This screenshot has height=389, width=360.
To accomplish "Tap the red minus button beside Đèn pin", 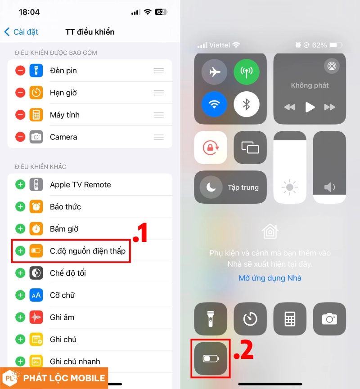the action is click(x=20, y=71).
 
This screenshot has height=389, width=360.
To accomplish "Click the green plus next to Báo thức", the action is click(x=20, y=207).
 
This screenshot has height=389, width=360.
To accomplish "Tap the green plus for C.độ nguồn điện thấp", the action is click(x=20, y=251).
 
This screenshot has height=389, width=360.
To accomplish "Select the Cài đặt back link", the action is click(x=21, y=32).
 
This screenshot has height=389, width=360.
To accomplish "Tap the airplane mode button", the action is click(x=214, y=72).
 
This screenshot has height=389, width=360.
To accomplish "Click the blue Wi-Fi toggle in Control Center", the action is click(x=214, y=104).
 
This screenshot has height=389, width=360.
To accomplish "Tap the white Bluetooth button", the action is click(x=247, y=104).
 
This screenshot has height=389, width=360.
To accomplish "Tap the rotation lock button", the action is click(x=211, y=148).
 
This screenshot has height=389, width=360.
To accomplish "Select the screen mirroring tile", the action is click(x=250, y=148).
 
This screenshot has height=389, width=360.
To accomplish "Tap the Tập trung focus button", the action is click(x=230, y=187).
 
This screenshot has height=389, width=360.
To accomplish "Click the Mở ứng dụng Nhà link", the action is click(x=270, y=278).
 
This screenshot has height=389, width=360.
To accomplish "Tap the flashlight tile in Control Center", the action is click(x=211, y=319).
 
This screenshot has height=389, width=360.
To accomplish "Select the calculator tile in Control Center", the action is click(x=290, y=319).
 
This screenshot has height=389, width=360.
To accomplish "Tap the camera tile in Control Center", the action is click(x=329, y=319).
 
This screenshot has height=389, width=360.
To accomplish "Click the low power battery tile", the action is click(x=211, y=358).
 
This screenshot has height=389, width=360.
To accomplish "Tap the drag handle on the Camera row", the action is click(x=159, y=137).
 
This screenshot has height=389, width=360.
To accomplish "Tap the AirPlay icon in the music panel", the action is click(x=332, y=66).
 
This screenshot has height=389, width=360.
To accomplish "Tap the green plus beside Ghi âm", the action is click(x=20, y=317).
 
